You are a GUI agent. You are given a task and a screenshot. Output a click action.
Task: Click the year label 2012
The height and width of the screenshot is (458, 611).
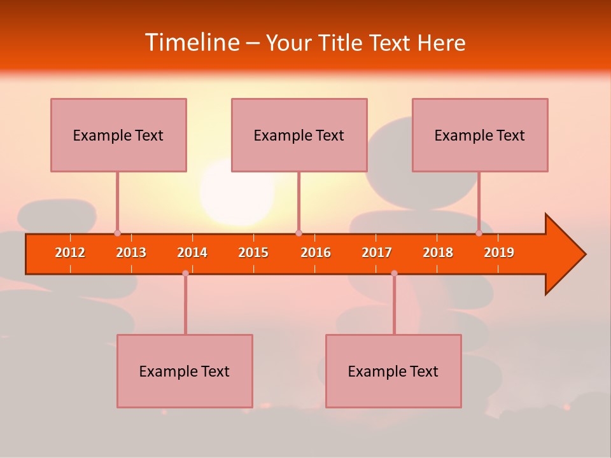pos(70,253)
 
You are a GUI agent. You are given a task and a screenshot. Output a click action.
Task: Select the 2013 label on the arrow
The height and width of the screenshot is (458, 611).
pos(131,253)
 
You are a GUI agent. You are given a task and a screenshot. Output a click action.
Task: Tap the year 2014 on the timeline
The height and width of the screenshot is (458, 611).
pos(192,253)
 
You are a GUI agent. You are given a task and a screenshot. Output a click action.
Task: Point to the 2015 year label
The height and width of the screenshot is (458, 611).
pos(253,253)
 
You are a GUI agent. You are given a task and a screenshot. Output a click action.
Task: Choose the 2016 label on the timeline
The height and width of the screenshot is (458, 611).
pos(316,253)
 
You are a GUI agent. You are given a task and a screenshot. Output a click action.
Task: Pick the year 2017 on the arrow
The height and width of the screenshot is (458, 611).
pos(377,253)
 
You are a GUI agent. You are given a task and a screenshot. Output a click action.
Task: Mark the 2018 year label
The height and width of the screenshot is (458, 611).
pos(438,253)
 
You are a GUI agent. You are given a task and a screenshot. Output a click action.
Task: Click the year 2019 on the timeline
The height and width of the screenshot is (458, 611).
pos(499,253)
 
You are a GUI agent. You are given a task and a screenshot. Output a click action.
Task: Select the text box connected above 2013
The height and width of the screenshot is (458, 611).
pos(118,135)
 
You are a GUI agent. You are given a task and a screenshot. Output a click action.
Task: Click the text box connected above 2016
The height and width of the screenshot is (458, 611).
pos(299,135)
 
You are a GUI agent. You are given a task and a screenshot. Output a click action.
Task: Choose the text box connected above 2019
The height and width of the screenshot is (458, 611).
pos(480,135)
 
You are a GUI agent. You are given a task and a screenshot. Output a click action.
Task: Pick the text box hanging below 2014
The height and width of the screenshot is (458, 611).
pos(185,371)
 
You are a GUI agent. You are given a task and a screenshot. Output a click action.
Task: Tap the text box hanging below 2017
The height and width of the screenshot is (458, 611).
pos(393,371)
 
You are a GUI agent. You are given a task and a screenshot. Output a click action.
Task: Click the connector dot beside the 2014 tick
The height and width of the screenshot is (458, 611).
pos(185,273)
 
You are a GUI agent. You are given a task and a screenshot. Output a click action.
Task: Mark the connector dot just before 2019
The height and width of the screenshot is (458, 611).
pos(479,233)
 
